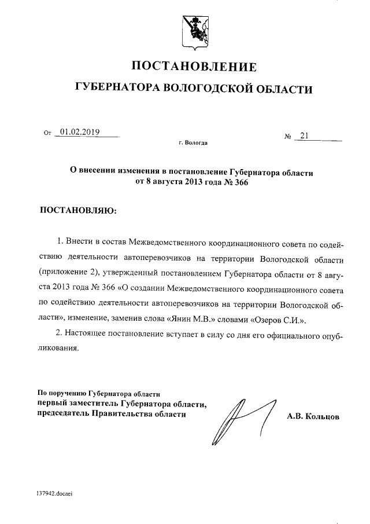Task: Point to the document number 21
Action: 305,136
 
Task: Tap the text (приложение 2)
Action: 62,271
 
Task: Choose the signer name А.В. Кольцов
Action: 313,416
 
